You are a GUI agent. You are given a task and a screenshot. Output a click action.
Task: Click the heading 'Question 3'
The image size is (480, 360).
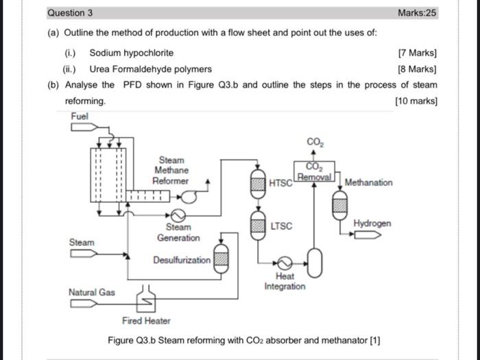71,13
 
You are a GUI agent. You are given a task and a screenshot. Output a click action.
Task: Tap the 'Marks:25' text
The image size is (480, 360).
416,13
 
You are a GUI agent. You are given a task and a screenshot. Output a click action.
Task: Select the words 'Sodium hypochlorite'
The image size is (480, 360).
132,53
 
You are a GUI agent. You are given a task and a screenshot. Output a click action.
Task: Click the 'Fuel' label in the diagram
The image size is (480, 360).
80,116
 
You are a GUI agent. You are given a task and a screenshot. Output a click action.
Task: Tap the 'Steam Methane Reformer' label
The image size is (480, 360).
171,170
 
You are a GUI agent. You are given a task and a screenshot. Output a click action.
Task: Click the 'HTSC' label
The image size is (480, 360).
281,183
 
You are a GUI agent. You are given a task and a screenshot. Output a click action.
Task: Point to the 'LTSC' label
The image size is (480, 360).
281,225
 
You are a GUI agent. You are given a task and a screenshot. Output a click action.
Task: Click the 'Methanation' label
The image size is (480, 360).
369,182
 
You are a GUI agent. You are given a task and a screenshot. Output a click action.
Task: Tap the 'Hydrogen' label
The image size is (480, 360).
372,224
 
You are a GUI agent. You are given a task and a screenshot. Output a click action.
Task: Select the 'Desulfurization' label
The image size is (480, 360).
182,261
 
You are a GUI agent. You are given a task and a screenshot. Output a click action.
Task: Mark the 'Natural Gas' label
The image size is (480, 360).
92,292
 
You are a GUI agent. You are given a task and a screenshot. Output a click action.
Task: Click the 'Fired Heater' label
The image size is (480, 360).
146,321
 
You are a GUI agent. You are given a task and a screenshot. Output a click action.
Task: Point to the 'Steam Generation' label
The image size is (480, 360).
178,232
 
